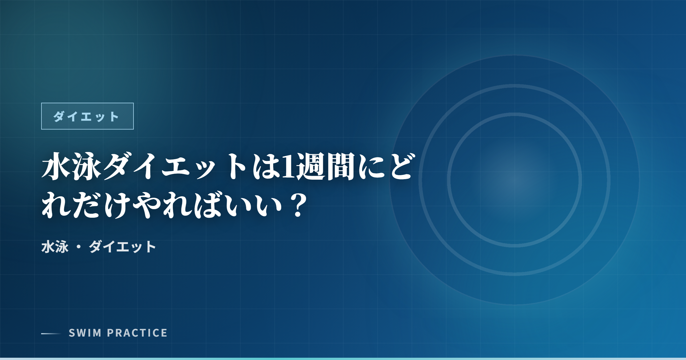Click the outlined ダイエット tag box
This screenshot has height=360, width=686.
87,116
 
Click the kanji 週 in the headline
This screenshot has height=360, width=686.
310,167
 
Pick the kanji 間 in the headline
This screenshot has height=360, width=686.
341,167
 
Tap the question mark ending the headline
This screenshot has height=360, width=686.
297,205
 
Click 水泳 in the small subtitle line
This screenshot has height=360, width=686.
55,247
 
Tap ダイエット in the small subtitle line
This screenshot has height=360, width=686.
122,247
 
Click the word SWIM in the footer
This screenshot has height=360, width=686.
85,333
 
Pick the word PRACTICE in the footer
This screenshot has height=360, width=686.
137,333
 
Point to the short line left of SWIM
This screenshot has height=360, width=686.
51,333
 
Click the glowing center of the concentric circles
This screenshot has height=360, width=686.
514,180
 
